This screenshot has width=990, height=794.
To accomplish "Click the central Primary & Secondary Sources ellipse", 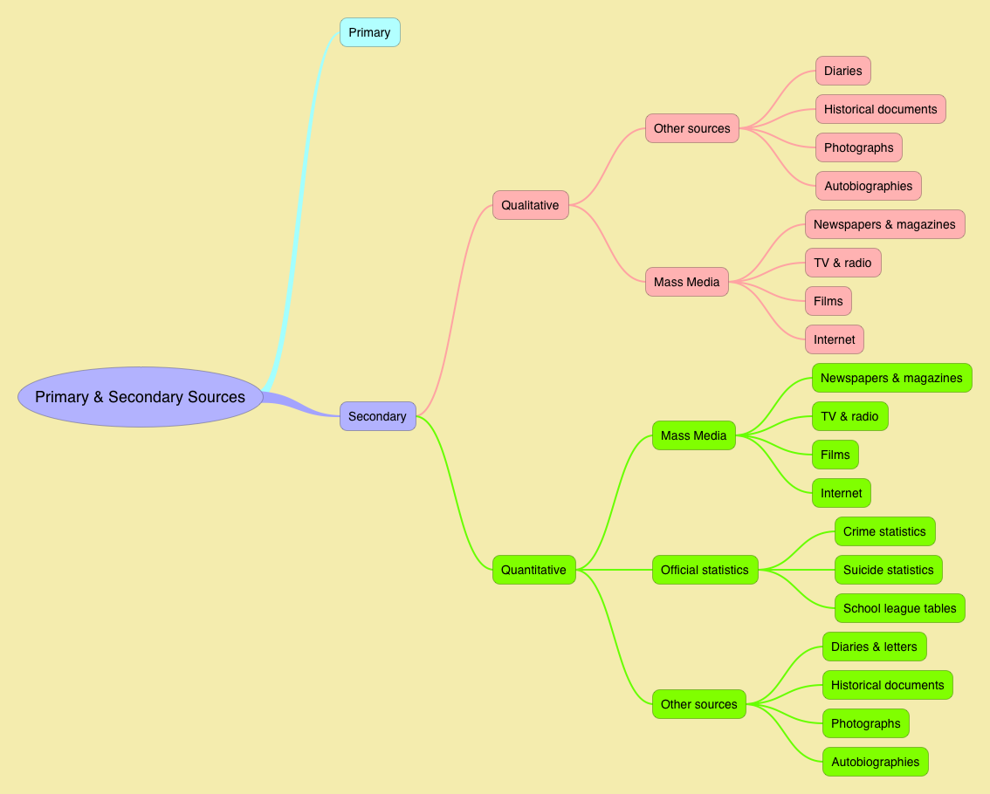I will (x=140, y=397).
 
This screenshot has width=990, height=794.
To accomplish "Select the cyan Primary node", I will (x=369, y=32).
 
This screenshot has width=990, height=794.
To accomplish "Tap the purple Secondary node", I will (x=377, y=416).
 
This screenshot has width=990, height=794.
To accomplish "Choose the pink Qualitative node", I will (x=530, y=205).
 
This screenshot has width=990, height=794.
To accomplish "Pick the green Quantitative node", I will (x=533, y=570).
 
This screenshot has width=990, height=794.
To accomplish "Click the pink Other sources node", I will (x=691, y=128).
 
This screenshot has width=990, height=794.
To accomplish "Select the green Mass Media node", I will (x=693, y=435).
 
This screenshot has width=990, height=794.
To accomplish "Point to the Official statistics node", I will (x=705, y=570).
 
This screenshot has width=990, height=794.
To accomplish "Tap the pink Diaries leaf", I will (x=842, y=71).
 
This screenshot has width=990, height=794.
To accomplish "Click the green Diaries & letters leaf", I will (x=874, y=647).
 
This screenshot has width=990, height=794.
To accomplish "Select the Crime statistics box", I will (x=884, y=531).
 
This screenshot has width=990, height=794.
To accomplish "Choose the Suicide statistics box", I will (x=888, y=570).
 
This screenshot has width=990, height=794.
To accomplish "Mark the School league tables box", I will (x=899, y=608).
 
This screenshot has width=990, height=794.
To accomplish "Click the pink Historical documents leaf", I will (x=880, y=109).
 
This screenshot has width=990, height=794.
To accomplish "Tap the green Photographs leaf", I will (x=865, y=723).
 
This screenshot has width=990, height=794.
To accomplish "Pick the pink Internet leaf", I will (x=834, y=339).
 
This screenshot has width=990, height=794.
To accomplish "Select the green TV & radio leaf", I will (x=849, y=416).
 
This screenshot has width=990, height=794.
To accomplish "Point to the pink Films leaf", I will (x=828, y=301).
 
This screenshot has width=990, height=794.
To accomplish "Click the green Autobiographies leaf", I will (x=875, y=762).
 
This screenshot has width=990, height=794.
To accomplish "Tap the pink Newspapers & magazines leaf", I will (x=884, y=224).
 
